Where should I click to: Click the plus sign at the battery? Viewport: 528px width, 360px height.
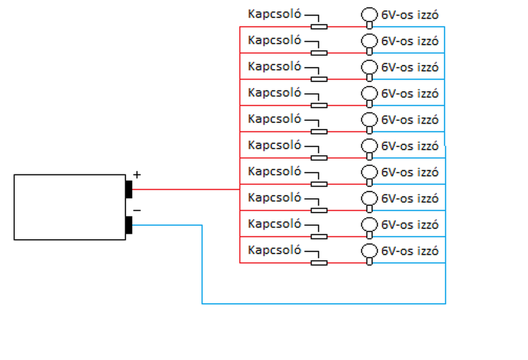point(137,175)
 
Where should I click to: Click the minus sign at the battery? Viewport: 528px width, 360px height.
point(137,210)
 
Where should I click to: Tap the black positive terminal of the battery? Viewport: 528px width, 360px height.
point(129,189)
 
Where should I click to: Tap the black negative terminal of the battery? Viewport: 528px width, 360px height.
point(129,225)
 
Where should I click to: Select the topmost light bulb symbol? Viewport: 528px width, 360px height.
point(369,18)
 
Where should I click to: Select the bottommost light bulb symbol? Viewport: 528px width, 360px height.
point(369,254)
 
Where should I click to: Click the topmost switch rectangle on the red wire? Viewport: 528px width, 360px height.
point(319,27)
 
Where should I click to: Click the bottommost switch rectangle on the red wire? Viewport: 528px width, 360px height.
point(319,263)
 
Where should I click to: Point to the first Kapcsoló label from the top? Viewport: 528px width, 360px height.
point(275,14)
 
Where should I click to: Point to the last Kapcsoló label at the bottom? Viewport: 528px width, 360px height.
point(275,250)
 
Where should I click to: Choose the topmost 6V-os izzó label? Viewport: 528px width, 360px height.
point(410,15)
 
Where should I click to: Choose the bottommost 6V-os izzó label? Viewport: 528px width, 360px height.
point(410,251)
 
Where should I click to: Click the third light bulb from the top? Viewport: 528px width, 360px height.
point(369,71)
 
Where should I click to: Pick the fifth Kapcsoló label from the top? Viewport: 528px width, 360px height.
point(275,119)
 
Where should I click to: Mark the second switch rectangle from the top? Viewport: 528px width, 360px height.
point(319,53)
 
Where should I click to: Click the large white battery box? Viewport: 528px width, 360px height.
point(70,207)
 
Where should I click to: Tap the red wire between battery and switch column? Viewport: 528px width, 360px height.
point(186,189)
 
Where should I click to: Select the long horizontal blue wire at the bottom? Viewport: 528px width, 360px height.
point(324,303)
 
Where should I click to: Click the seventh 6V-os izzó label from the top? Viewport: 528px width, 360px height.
point(410,172)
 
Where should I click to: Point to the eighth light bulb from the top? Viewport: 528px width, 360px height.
point(369,202)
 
